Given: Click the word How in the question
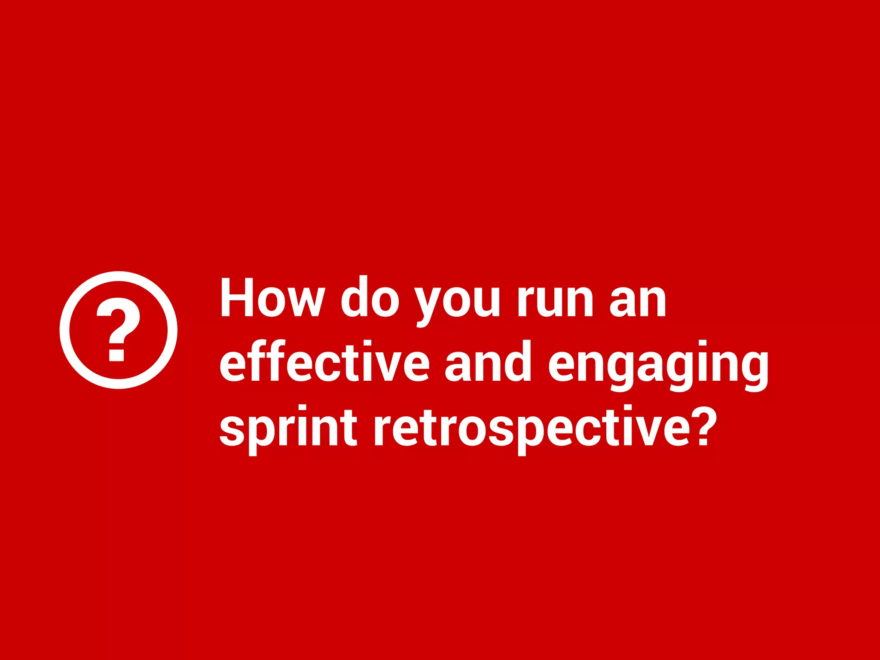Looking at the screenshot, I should [x=272, y=297].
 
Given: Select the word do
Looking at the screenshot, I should [x=370, y=297].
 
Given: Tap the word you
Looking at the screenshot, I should [x=457, y=303].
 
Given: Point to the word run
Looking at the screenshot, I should [x=555, y=301].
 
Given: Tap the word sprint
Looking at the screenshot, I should [x=288, y=430].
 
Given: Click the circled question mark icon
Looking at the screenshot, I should [x=119, y=330].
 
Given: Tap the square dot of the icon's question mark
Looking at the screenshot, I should [x=116, y=355].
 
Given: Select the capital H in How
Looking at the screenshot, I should [x=236, y=297].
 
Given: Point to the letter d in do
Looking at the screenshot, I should [x=354, y=297].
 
